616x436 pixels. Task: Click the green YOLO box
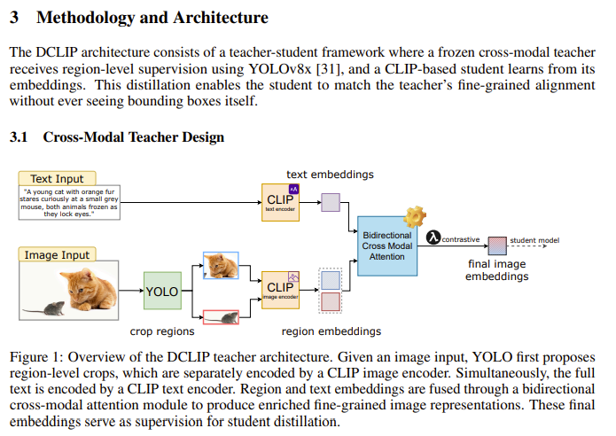click(x=161, y=291)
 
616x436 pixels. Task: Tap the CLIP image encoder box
click(x=281, y=290)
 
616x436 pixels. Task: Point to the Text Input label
click(x=57, y=179)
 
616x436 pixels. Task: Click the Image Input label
click(x=57, y=255)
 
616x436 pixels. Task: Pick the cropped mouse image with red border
click(x=220, y=317)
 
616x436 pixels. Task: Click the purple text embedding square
click(x=330, y=202)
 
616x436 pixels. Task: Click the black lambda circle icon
click(x=433, y=238)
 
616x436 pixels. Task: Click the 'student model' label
click(x=534, y=240)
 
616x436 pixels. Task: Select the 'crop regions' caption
click(x=162, y=331)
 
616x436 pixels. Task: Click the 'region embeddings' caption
click(x=331, y=331)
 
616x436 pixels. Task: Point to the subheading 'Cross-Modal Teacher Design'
click(x=133, y=137)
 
